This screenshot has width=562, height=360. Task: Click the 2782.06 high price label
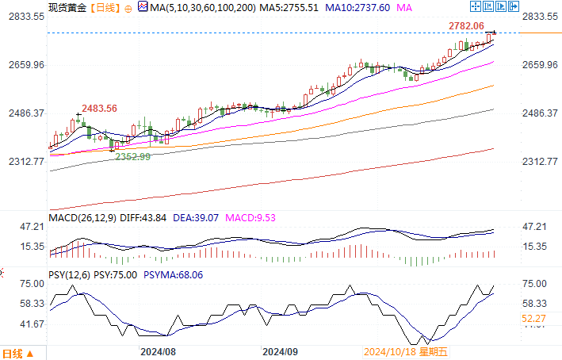[466, 26]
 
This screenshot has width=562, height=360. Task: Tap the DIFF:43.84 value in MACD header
[143, 217]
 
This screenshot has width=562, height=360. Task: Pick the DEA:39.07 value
[197, 217]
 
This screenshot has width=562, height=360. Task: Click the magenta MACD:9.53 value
[253, 217]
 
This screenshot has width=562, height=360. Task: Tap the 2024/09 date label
[280, 350]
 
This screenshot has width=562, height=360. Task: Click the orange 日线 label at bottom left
[13, 352]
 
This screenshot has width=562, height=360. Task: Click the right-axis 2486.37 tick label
[541, 113]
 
